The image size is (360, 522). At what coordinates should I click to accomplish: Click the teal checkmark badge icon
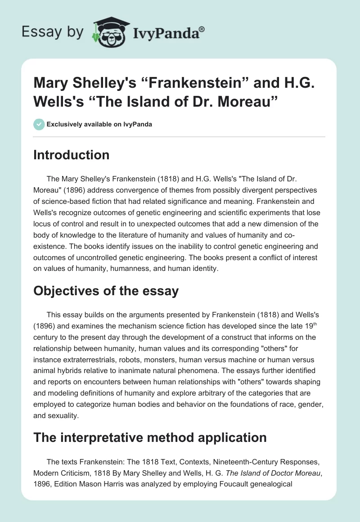pyautogui.click(x=39, y=124)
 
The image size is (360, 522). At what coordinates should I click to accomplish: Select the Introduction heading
pyautogui.click(x=72, y=155)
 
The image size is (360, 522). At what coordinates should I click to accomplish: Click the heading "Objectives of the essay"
pyautogui.click(x=106, y=291)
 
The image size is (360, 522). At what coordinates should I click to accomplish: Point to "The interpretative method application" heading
pyautogui.click(x=150, y=437)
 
